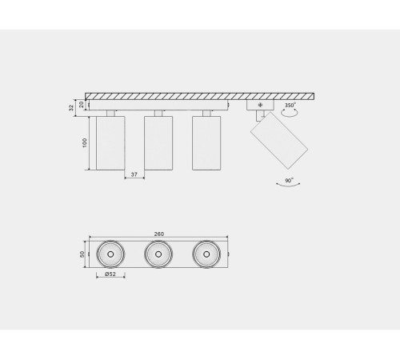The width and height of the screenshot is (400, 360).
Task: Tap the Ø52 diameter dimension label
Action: (110, 275)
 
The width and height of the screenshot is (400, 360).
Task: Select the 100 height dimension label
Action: (82, 142)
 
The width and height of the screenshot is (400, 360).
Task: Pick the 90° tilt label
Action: (289, 180)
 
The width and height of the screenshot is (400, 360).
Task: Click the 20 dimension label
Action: (80, 102)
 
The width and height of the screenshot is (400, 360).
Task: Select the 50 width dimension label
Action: (82, 254)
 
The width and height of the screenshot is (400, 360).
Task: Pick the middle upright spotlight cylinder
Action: (158, 142)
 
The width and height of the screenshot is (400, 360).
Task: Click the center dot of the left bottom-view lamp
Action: (110, 254)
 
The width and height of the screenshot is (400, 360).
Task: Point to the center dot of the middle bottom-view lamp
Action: (158, 254)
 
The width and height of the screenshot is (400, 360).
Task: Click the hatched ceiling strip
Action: (200, 96)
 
